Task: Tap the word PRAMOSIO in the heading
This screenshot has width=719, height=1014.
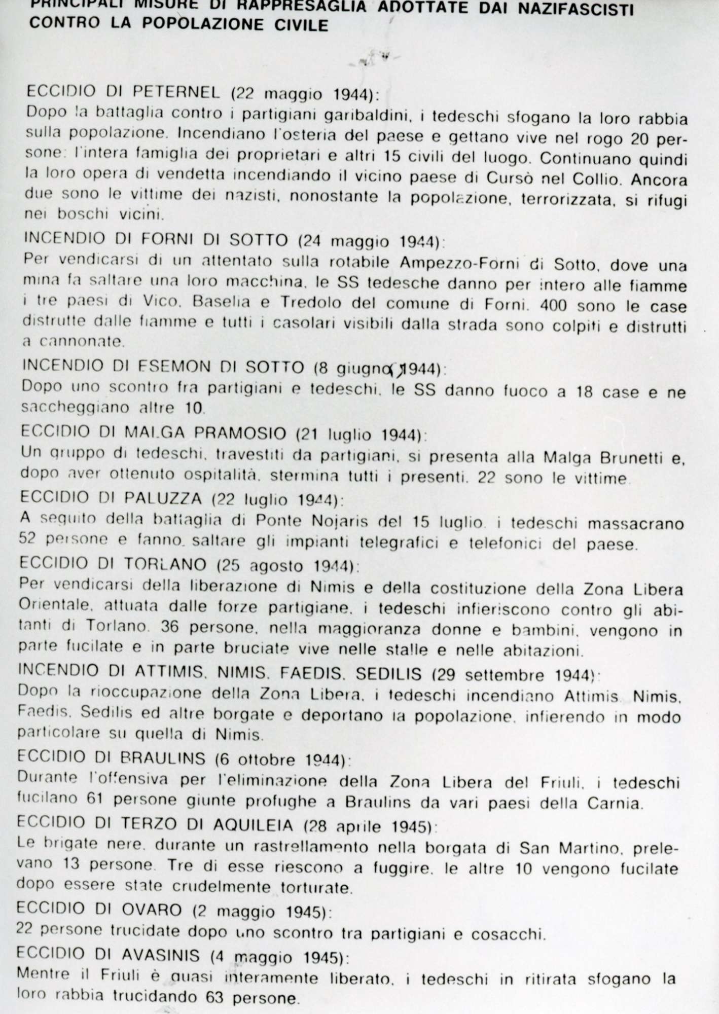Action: [227, 433]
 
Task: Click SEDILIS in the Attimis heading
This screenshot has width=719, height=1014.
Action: [389, 674]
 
